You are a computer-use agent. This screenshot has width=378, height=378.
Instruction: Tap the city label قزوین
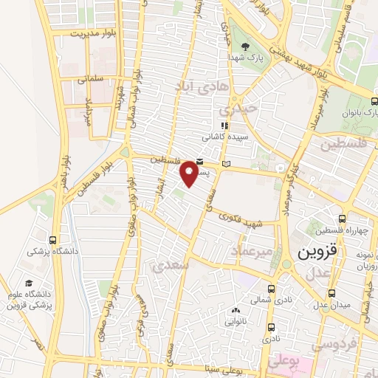tap(317, 252)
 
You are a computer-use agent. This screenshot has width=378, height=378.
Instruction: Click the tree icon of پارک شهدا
tap(251, 46)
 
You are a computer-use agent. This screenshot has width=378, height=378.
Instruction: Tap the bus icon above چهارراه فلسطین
tap(341, 219)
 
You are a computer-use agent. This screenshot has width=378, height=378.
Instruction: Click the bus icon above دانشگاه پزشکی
tap(53, 239)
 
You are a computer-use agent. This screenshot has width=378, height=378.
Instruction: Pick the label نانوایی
tap(237, 321)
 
